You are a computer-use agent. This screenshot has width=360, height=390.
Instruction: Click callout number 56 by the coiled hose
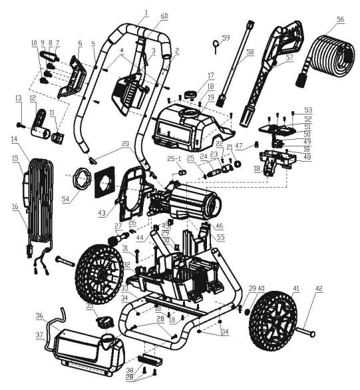click(x=340, y=20)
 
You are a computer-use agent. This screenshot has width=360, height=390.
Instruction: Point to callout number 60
click(x=164, y=15)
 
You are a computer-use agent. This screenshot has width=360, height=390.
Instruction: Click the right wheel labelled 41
click(x=273, y=323)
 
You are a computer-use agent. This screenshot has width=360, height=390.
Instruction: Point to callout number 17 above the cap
click(x=210, y=76)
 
